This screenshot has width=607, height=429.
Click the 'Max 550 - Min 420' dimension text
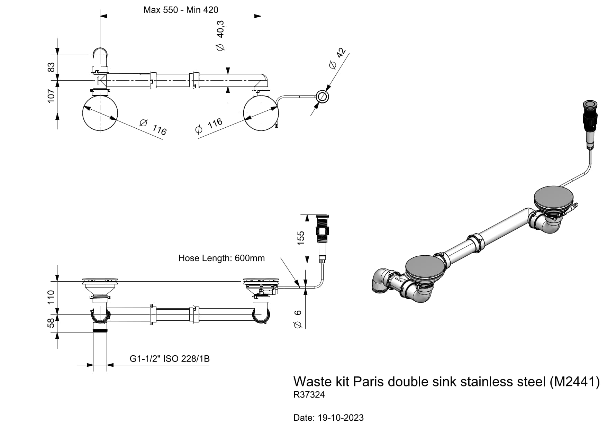pos(181,10)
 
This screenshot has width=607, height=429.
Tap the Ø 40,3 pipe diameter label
pos(220,36)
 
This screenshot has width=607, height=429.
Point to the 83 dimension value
pos(51,67)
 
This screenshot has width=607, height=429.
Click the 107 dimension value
pos(51,96)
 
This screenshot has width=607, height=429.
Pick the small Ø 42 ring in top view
pos(322,97)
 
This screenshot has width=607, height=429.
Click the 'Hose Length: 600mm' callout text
pos(221,258)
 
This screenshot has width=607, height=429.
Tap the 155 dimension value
pos(301,238)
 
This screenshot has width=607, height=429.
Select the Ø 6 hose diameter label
pos(298,319)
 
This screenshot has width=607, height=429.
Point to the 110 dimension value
pos(51,297)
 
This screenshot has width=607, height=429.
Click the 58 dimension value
pos(51,323)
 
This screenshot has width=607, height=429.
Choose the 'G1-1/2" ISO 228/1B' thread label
pos(170,359)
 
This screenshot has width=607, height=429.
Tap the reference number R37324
pos(309,395)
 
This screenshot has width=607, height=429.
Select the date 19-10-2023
pos(341,418)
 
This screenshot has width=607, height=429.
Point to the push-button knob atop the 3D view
pos(590,105)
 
